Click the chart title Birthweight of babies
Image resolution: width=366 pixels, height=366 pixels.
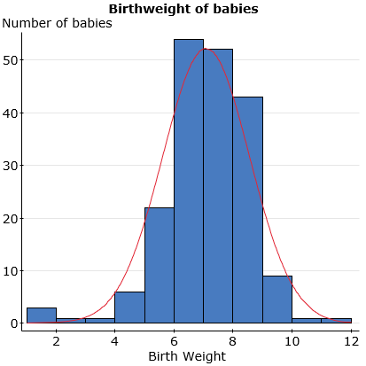click(x=183, y=8)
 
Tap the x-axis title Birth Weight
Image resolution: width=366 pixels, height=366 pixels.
click(x=188, y=356)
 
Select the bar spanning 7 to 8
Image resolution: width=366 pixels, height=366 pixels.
click(x=218, y=186)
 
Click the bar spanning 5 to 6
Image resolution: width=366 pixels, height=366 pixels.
click(x=159, y=265)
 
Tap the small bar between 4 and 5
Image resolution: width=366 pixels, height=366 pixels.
click(x=129, y=308)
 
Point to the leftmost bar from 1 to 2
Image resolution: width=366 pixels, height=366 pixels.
click(x=41, y=315)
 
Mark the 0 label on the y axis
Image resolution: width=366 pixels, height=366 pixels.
click(x=15, y=323)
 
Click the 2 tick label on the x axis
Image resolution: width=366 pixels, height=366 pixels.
click(x=56, y=340)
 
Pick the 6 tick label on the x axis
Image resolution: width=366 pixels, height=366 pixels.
click(x=174, y=340)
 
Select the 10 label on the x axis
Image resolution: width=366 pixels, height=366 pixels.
click(x=292, y=340)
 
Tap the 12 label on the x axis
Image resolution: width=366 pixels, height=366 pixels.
click(x=351, y=340)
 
